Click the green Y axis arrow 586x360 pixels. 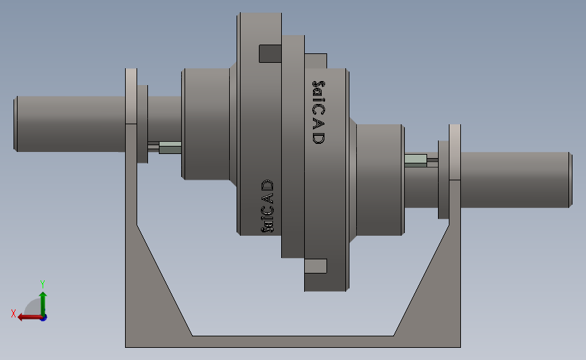click(x=43, y=305)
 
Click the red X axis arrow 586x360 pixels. click(x=30, y=317)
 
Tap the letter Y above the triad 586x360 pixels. click(x=42, y=284)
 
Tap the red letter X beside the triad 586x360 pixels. click(x=14, y=313)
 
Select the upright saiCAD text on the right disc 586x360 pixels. click(x=318, y=112)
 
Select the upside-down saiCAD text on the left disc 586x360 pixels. click(x=267, y=206)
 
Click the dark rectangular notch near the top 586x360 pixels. click(x=270, y=53)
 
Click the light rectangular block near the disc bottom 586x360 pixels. click(x=316, y=266)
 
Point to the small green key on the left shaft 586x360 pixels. click(x=170, y=147)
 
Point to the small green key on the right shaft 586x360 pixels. click(x=416, y=160)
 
